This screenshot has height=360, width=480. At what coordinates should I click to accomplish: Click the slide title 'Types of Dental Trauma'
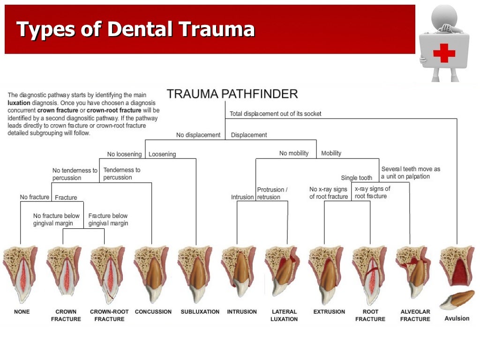pos(135,30)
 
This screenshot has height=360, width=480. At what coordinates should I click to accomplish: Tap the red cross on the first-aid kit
pos(443,53)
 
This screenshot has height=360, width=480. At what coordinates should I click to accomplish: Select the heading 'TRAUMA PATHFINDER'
pos(232,94)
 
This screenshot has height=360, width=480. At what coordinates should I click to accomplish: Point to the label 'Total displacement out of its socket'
pos(275,114)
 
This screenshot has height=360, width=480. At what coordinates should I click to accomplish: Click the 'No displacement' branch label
pos(198,135)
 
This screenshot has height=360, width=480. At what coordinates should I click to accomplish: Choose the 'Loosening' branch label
pos(162,154)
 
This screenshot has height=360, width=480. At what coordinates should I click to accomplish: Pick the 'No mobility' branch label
pos(294,153)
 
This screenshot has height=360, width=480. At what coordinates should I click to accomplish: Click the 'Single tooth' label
pos(356,178)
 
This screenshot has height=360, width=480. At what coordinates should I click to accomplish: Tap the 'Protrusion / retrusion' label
pos(272,193)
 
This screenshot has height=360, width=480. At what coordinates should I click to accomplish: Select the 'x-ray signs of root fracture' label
pos(372,193)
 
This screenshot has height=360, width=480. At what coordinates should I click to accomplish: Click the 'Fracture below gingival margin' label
pos(108,219)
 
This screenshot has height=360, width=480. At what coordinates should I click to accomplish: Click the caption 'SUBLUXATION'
pos(200,312)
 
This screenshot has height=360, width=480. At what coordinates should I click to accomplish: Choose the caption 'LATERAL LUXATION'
pos(284,315)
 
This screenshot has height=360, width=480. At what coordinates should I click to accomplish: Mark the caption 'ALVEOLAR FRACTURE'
pos(415,315)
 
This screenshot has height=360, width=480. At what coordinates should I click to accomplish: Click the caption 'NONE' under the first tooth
pos(22,312)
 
